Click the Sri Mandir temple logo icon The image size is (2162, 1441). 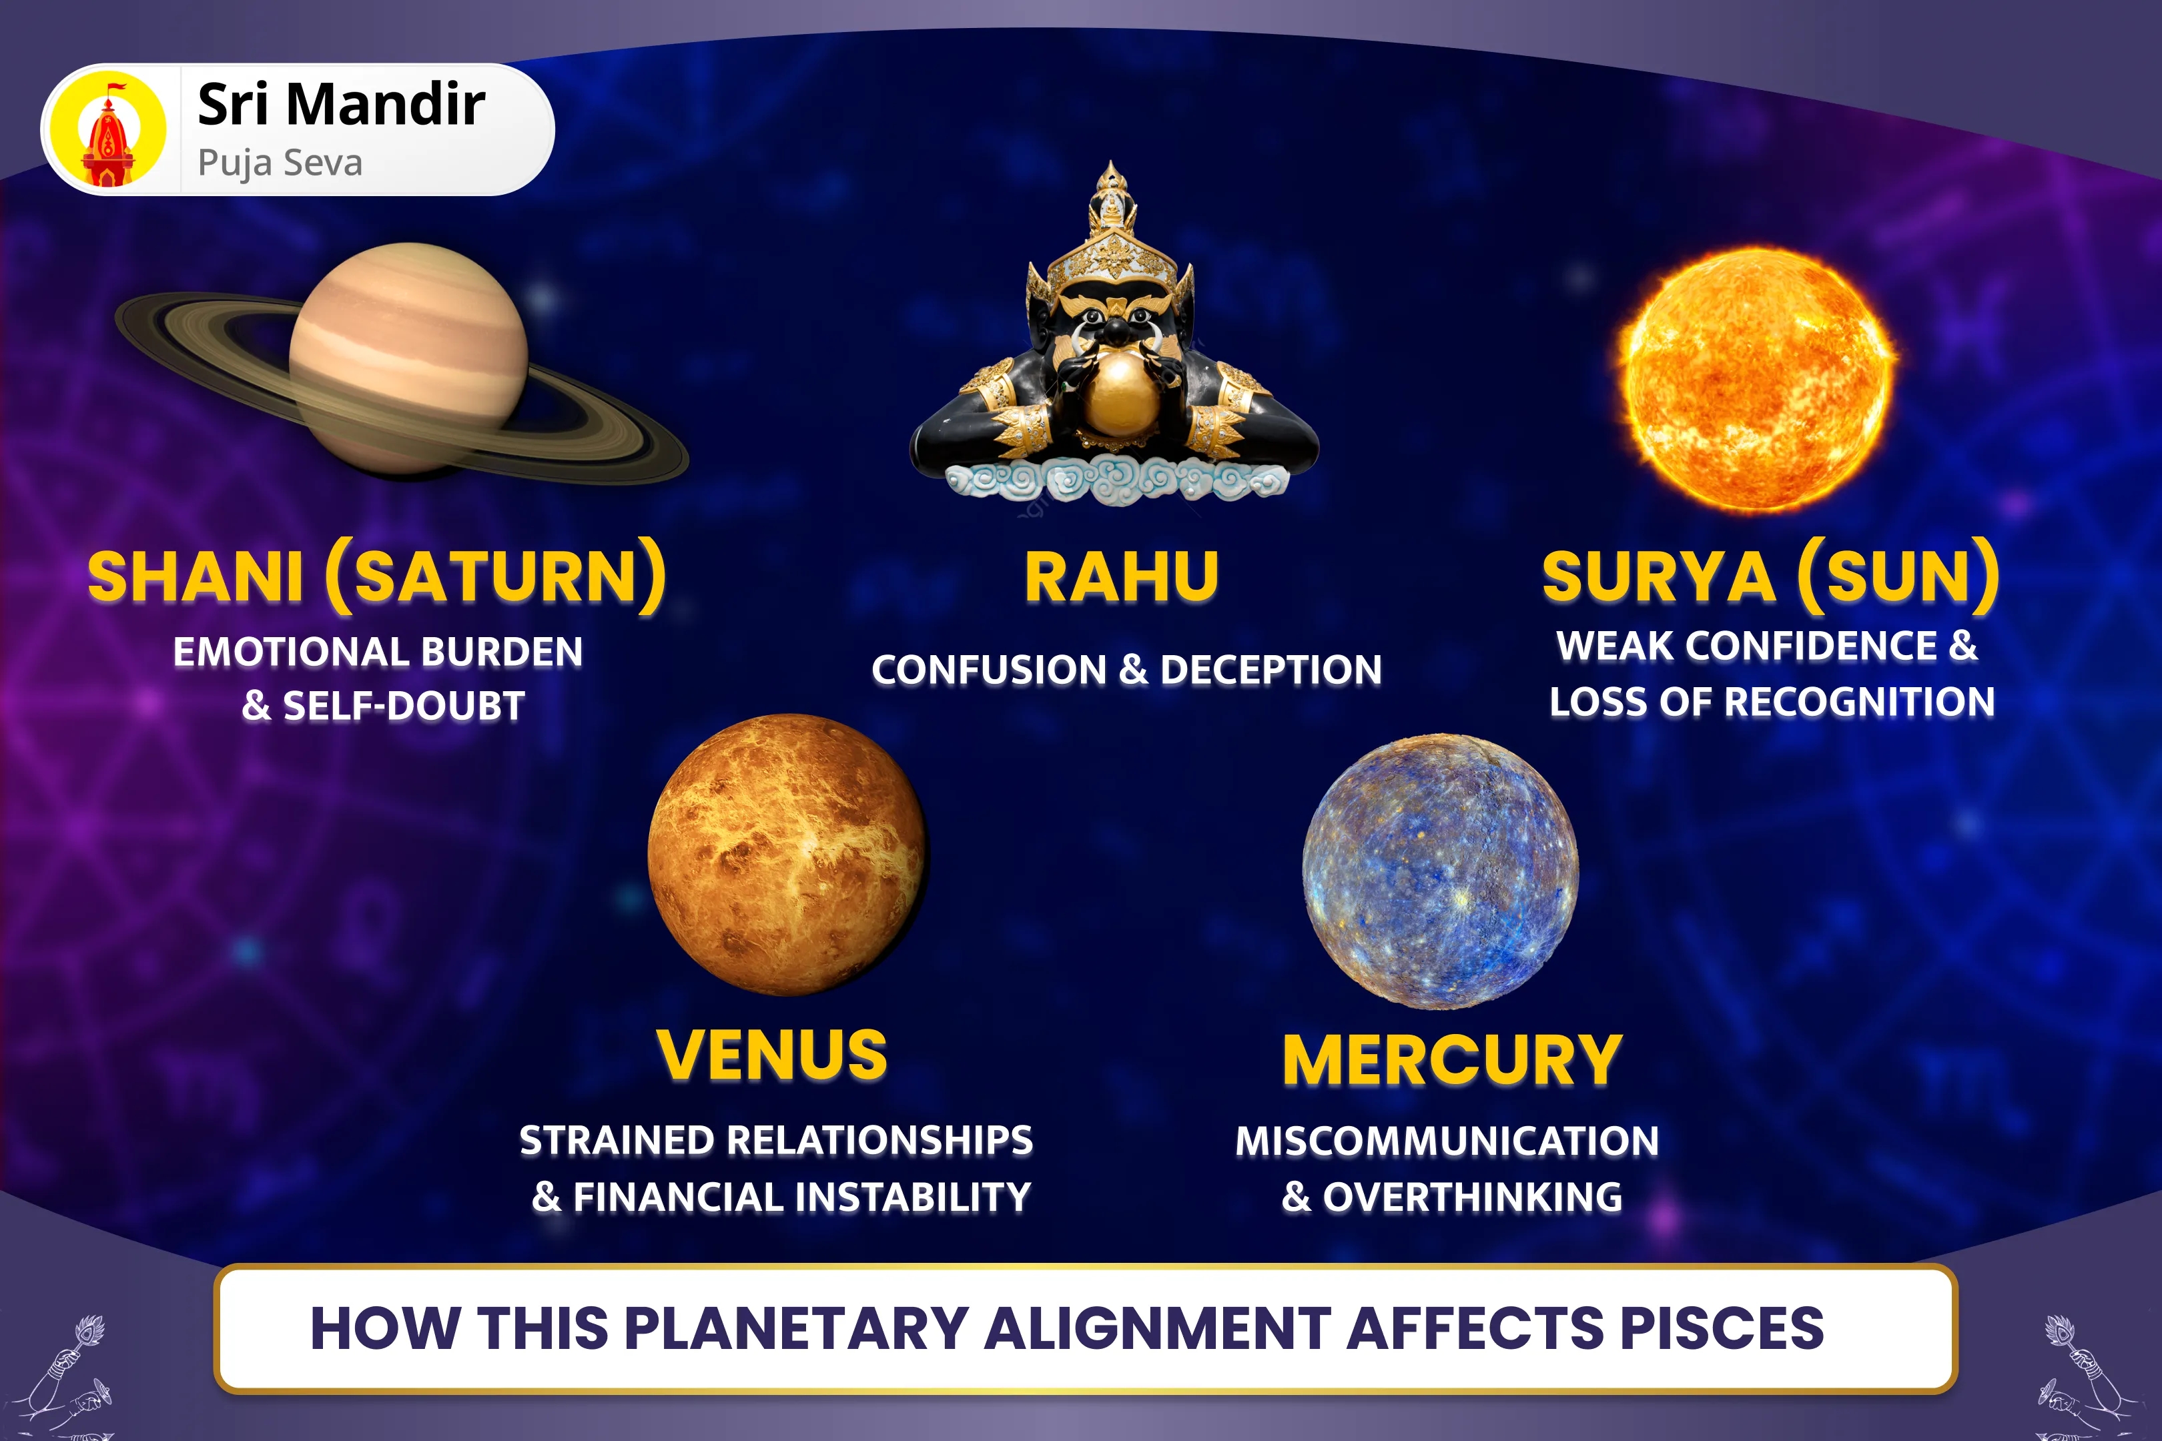pyautogui.click(x=109, y=129)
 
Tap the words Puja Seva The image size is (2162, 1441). pyautogui.click(x=280, y=163)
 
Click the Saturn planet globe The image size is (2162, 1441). pyautogui.click(x=408, y=358)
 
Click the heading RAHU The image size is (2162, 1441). pyautogui.click(x=1122, y=577)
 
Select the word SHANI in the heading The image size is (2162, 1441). pyautogui.click(x=195, y=577)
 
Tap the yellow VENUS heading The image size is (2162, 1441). pyautogui.click(x=772, y=1054)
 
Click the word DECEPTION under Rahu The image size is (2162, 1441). pyautogui.click(x=1271, y=670)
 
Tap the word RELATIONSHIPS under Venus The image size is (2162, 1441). pyautogui.click(x=879, y=1141)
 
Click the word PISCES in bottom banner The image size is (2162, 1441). pyautogui.click(x=1721, y=1328)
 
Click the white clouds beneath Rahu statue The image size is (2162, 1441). pyautogui.click(x=1114, y=480)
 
